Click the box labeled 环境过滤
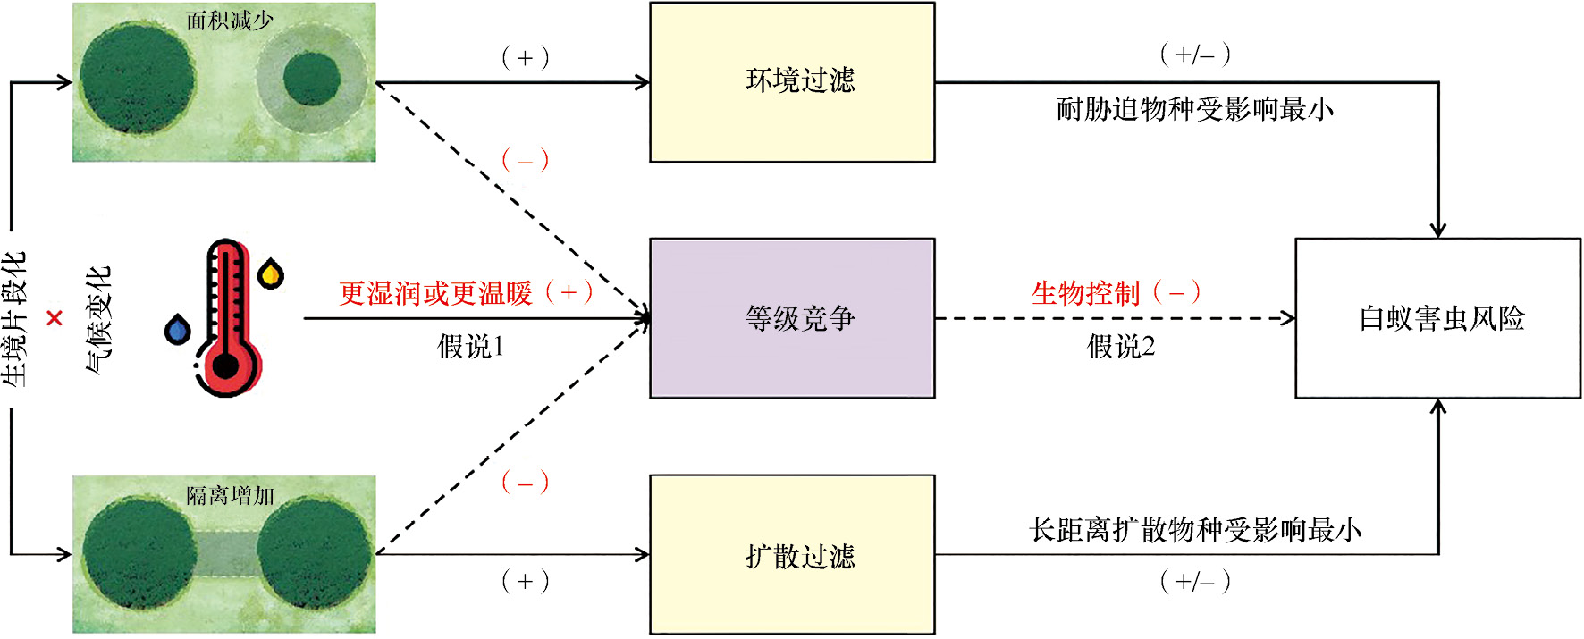click(x=792, y=82)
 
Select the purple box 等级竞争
click(x=792, y=318)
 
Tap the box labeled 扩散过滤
click(x=792, y=555)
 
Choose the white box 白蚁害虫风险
click(x=1437, y=318)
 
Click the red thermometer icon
click(x=227, y=317)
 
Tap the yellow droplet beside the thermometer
click(x=271, y=273)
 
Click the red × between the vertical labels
click(x=55, y=318)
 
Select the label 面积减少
click(x=230, y=21)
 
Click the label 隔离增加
click(x=230, y=495)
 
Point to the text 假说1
click(x=470, y=347)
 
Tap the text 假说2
click(x=1121, y=347)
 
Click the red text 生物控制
click(x=1085, y=293)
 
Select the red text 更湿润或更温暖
click(x=435, y=293)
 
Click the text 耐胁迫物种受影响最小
click(x=1194, y=110)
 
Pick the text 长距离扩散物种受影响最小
click(x=1194, y=530)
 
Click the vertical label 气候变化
click(x=98, y=318)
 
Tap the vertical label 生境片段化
click(x=15, y=318)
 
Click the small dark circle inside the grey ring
click(x=312, y=79)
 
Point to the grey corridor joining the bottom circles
click(x=227, y=554)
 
